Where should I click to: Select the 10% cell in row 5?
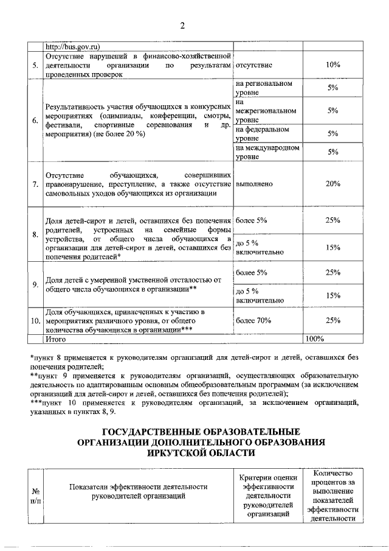point(332,65)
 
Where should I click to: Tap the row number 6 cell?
point(36,120)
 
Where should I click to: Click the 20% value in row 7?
point(332,183)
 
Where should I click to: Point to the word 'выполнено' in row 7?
point(253,183)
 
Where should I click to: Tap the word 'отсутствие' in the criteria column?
point(253,65)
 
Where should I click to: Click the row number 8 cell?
point(36,234)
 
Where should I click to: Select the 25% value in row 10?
point(332,320)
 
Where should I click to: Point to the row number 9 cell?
point(36,284)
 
